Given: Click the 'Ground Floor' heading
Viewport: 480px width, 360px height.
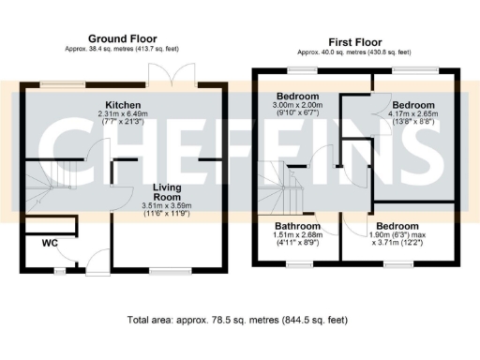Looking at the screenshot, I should pyautogui.click(x=121, y=38).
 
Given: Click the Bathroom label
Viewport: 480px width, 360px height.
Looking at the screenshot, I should pyautogui.click(x=295, y=226).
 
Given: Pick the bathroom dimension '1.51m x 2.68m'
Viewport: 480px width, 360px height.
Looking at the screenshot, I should pyautogui.click(x=296, y=236).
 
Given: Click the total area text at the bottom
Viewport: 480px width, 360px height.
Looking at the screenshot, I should pyautogui.click(x=237, y=320).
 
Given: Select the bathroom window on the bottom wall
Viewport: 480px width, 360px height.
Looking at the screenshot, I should pyautogui.click(x=300, y=266).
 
